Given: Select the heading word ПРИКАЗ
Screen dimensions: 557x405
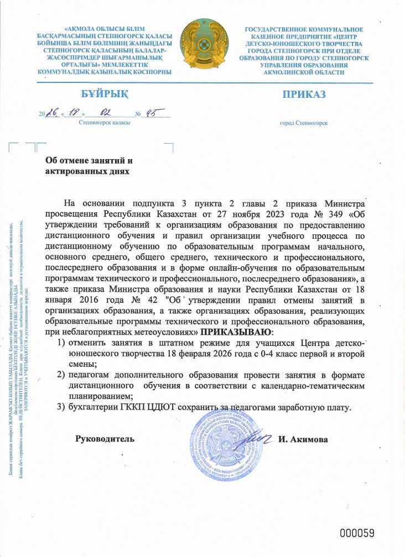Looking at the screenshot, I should [x=304, y=94].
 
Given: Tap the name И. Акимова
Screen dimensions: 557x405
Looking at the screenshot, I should [x=304, y=439].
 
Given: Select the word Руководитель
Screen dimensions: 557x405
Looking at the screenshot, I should [x=105, y=439].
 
